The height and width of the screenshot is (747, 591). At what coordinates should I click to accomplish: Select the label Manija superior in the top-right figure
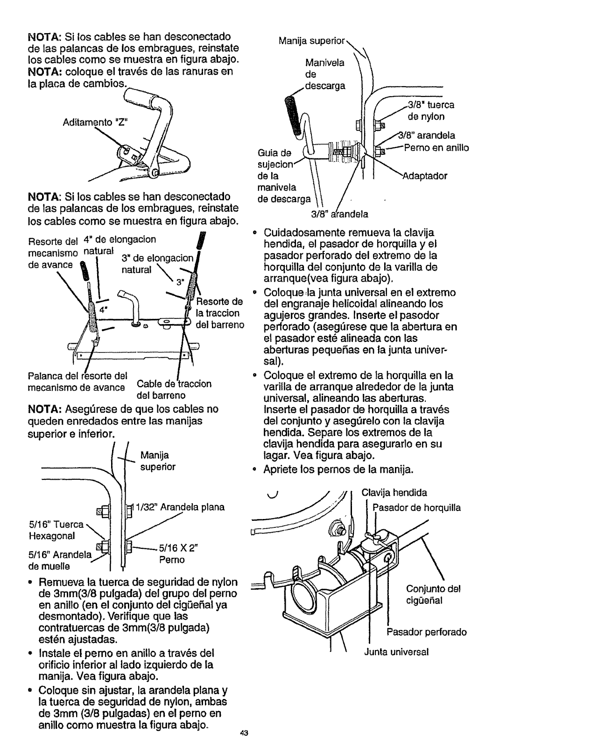311,41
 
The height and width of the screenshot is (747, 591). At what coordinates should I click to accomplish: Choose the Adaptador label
424,176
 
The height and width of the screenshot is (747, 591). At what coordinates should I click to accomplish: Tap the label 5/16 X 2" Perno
172,554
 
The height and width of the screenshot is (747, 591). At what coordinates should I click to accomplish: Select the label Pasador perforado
426,632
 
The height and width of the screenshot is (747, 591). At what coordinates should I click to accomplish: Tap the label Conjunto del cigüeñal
433,594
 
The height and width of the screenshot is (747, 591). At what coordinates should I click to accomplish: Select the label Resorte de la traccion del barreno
220,313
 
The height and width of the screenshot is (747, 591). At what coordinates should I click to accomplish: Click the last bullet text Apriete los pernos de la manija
338,470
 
